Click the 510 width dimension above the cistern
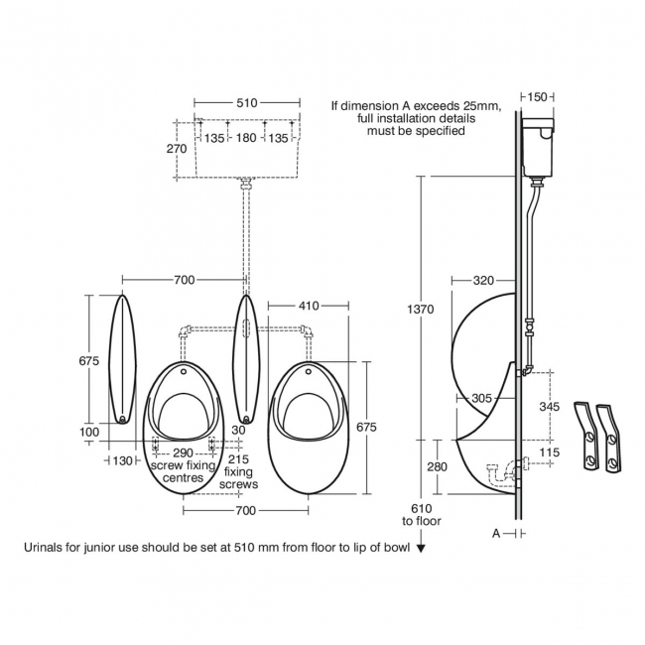tap(247, 103)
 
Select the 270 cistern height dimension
tap(177, 149)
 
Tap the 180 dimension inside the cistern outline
tap(246, 137)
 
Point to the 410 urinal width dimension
tap(309, 306)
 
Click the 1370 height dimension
tap(421, 309)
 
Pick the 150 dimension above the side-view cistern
tap(537, 97)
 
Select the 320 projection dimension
tap(483, 281)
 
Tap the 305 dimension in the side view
tap(481, 398)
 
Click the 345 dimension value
tap(550, 407)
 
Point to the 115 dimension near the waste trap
tap(550, 452)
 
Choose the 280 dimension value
tap(437, 467)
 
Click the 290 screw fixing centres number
tap(183, 452)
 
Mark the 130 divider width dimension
tap(122, 461)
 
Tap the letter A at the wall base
tap(496, 534)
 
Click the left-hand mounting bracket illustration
tap(585, 436)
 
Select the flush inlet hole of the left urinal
tap(184, 372)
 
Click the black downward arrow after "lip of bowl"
tap(421, 548)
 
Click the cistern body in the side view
tap(538, 147)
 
